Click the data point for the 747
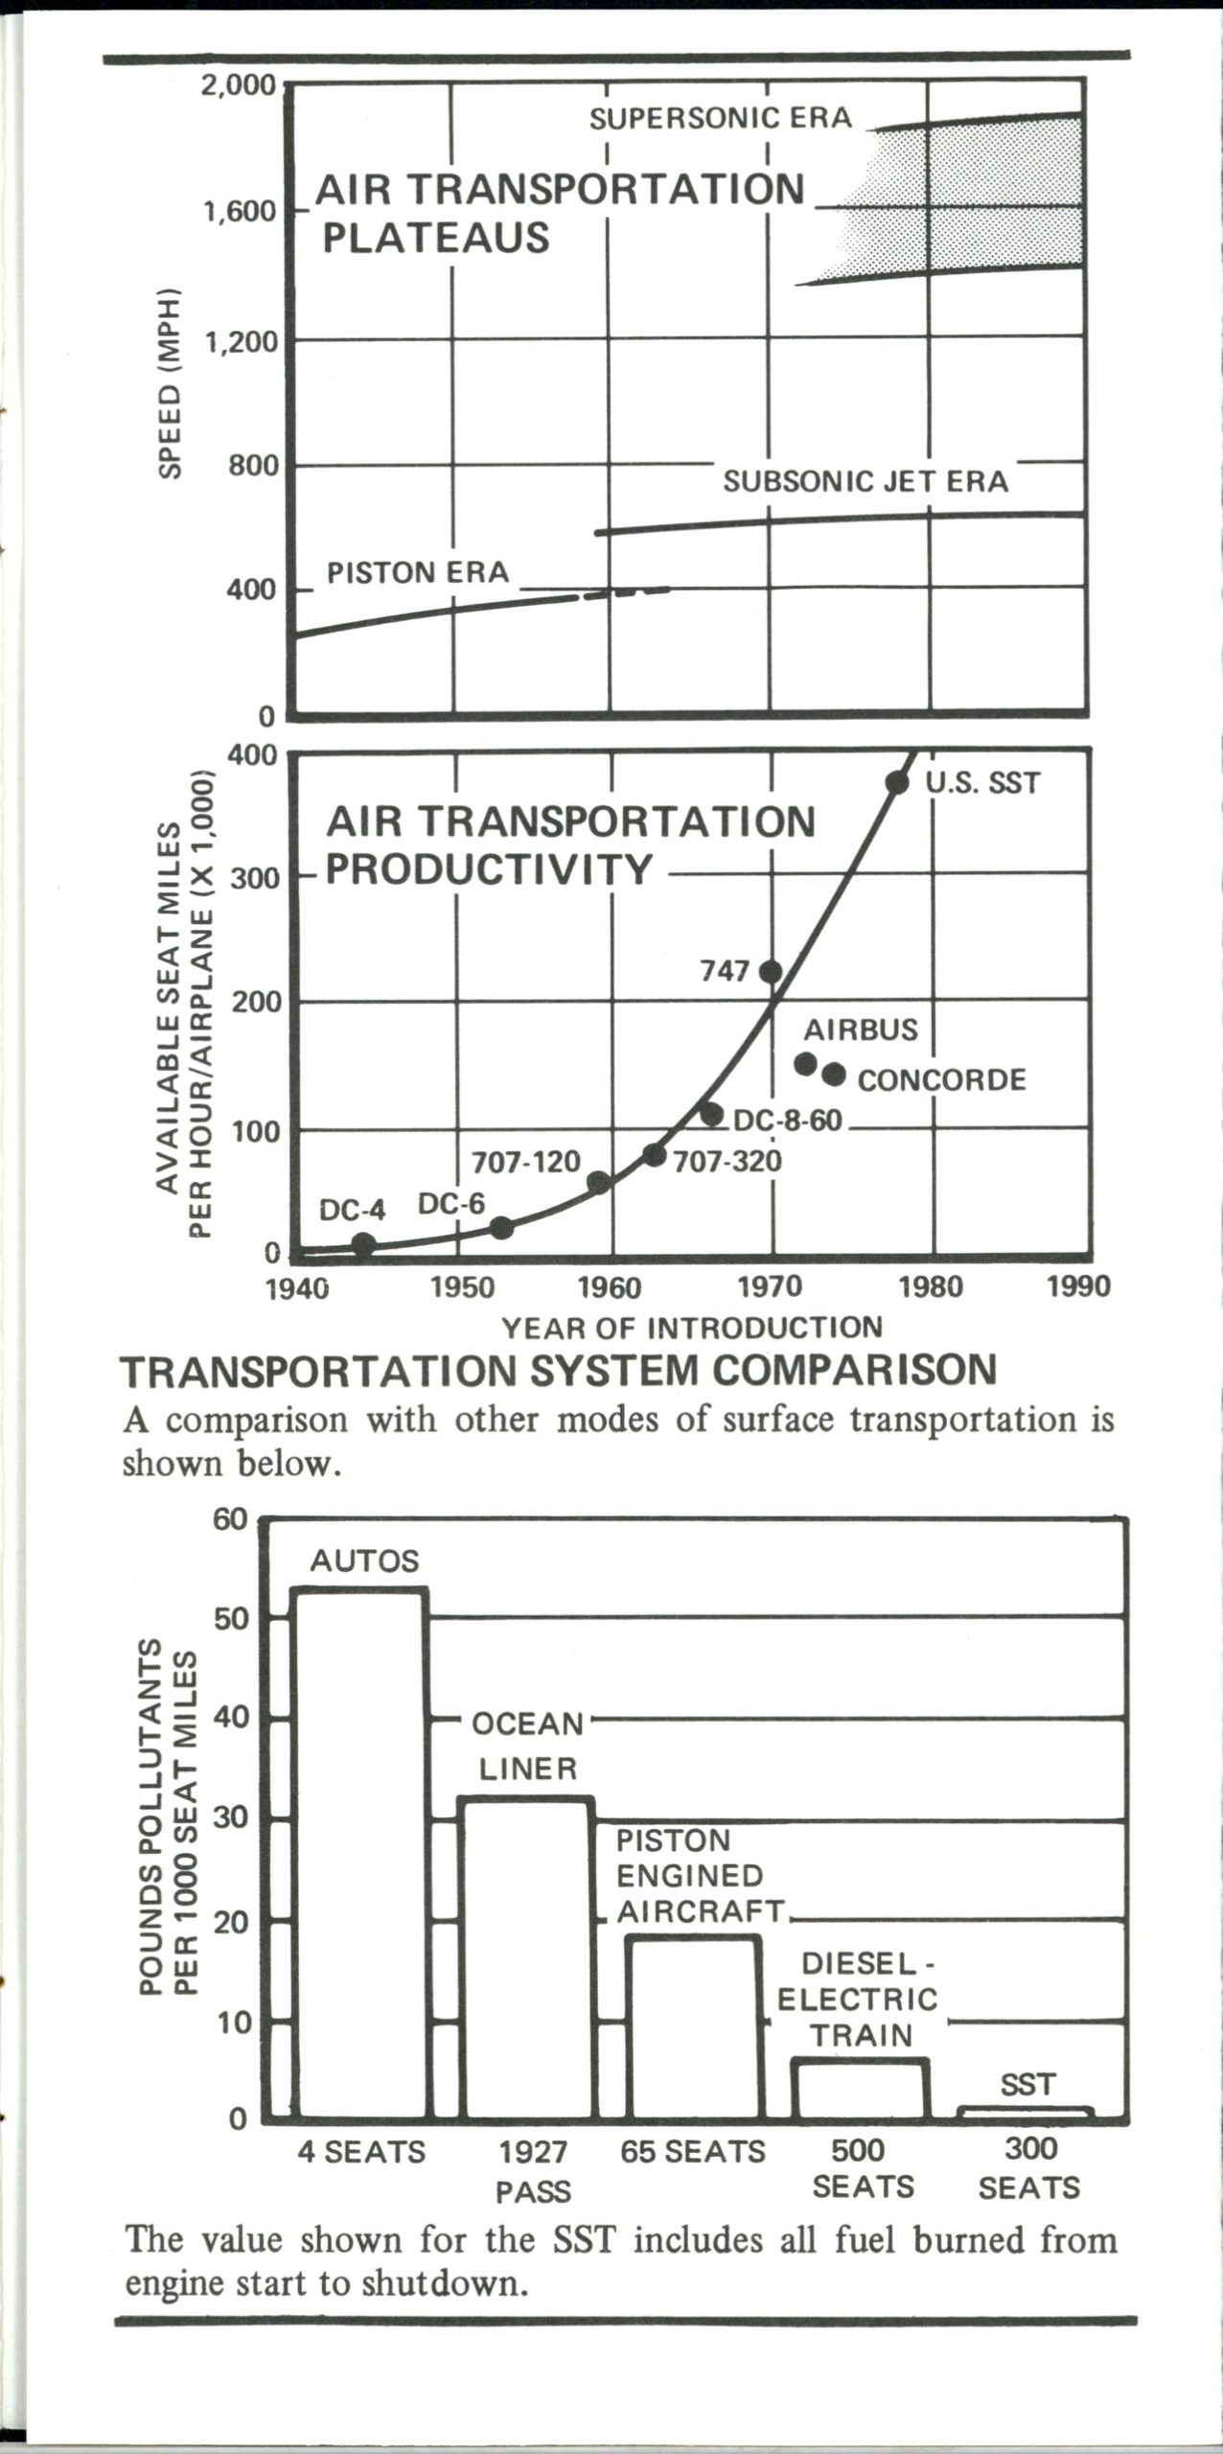[x=771, y=972]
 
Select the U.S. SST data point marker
[x=897, y=783]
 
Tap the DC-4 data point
[x=363, y=1244]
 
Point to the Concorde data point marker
[x=834, y=1075]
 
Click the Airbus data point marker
[x=806, y=1064]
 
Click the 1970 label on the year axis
[x=771, y=1286]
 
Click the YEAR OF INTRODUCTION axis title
[x=692, y=1328]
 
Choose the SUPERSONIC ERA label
[x=720, y=118]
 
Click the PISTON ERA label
[x=418, y=572]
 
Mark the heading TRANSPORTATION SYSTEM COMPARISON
[x=559, y=1371]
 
